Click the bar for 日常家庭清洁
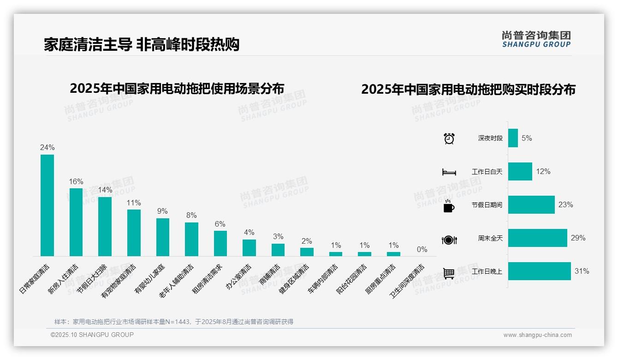[x=47, y=205]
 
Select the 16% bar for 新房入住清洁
[x=76, y=222]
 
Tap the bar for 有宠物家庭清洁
[x=134, y=233]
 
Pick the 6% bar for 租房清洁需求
[x=220, y=243]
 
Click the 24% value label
[x=47, y=148]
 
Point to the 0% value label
[x=422, y=250]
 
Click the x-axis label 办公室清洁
[x=239, y=277]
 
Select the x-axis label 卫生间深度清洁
[x=408, y=281]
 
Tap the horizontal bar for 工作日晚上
[x=539, y=271]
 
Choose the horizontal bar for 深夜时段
[x=513, y=138]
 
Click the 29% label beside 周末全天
[x=578, y=238]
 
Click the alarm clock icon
[x=449, y=138]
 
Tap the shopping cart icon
[x=449, y=273]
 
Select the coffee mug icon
[x=449, y=206]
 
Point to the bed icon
[x=449, y=172]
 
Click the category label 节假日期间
[x=487, y=205]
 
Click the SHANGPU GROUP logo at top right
[x=536, y=39]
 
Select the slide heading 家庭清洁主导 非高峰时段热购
[x=142, y=44]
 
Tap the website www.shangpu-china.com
[x=537, y=335]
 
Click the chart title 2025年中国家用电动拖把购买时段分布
[x=468, y=90]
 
